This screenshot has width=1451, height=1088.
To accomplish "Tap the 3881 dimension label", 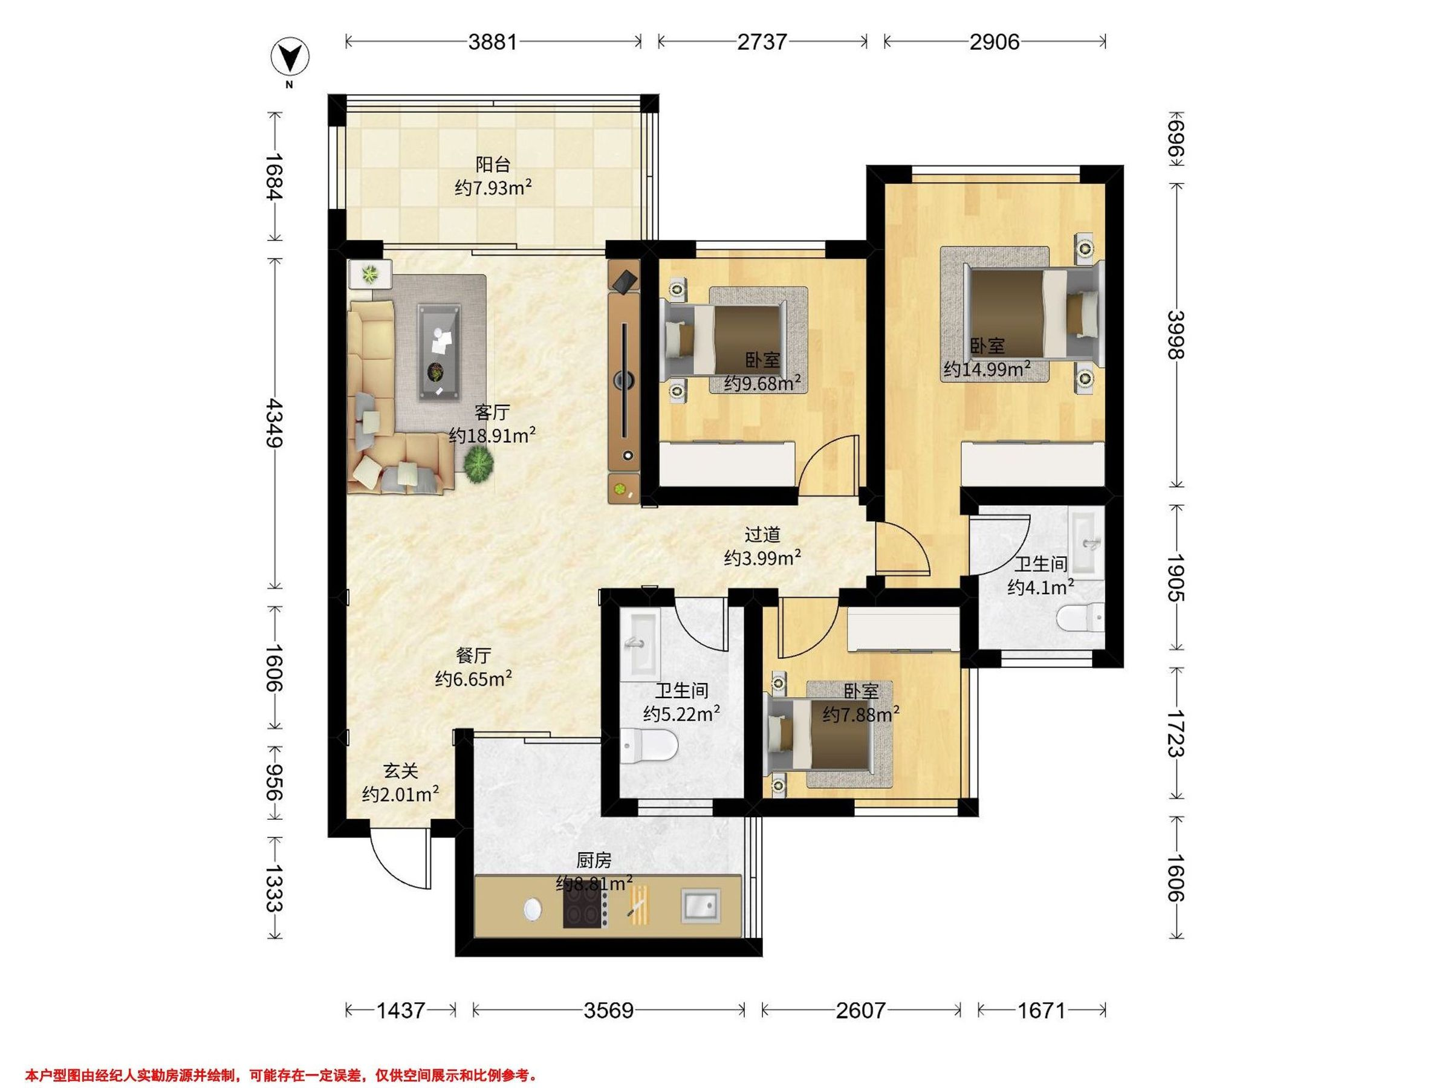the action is (493, 42).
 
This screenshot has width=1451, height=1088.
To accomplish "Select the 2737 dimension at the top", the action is (762, 42).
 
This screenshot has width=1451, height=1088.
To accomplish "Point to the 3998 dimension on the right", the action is (1176, 334).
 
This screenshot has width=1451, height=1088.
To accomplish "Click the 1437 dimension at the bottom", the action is (400, 1010).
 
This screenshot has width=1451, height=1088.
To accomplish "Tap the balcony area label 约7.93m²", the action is (493, 188).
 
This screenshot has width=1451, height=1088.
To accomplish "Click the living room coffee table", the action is (440, 352).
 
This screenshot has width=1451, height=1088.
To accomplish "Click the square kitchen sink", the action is (701, 906).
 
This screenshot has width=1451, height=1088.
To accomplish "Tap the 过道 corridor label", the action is (762, 535).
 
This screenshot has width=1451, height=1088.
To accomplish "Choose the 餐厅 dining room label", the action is (473, 655).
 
